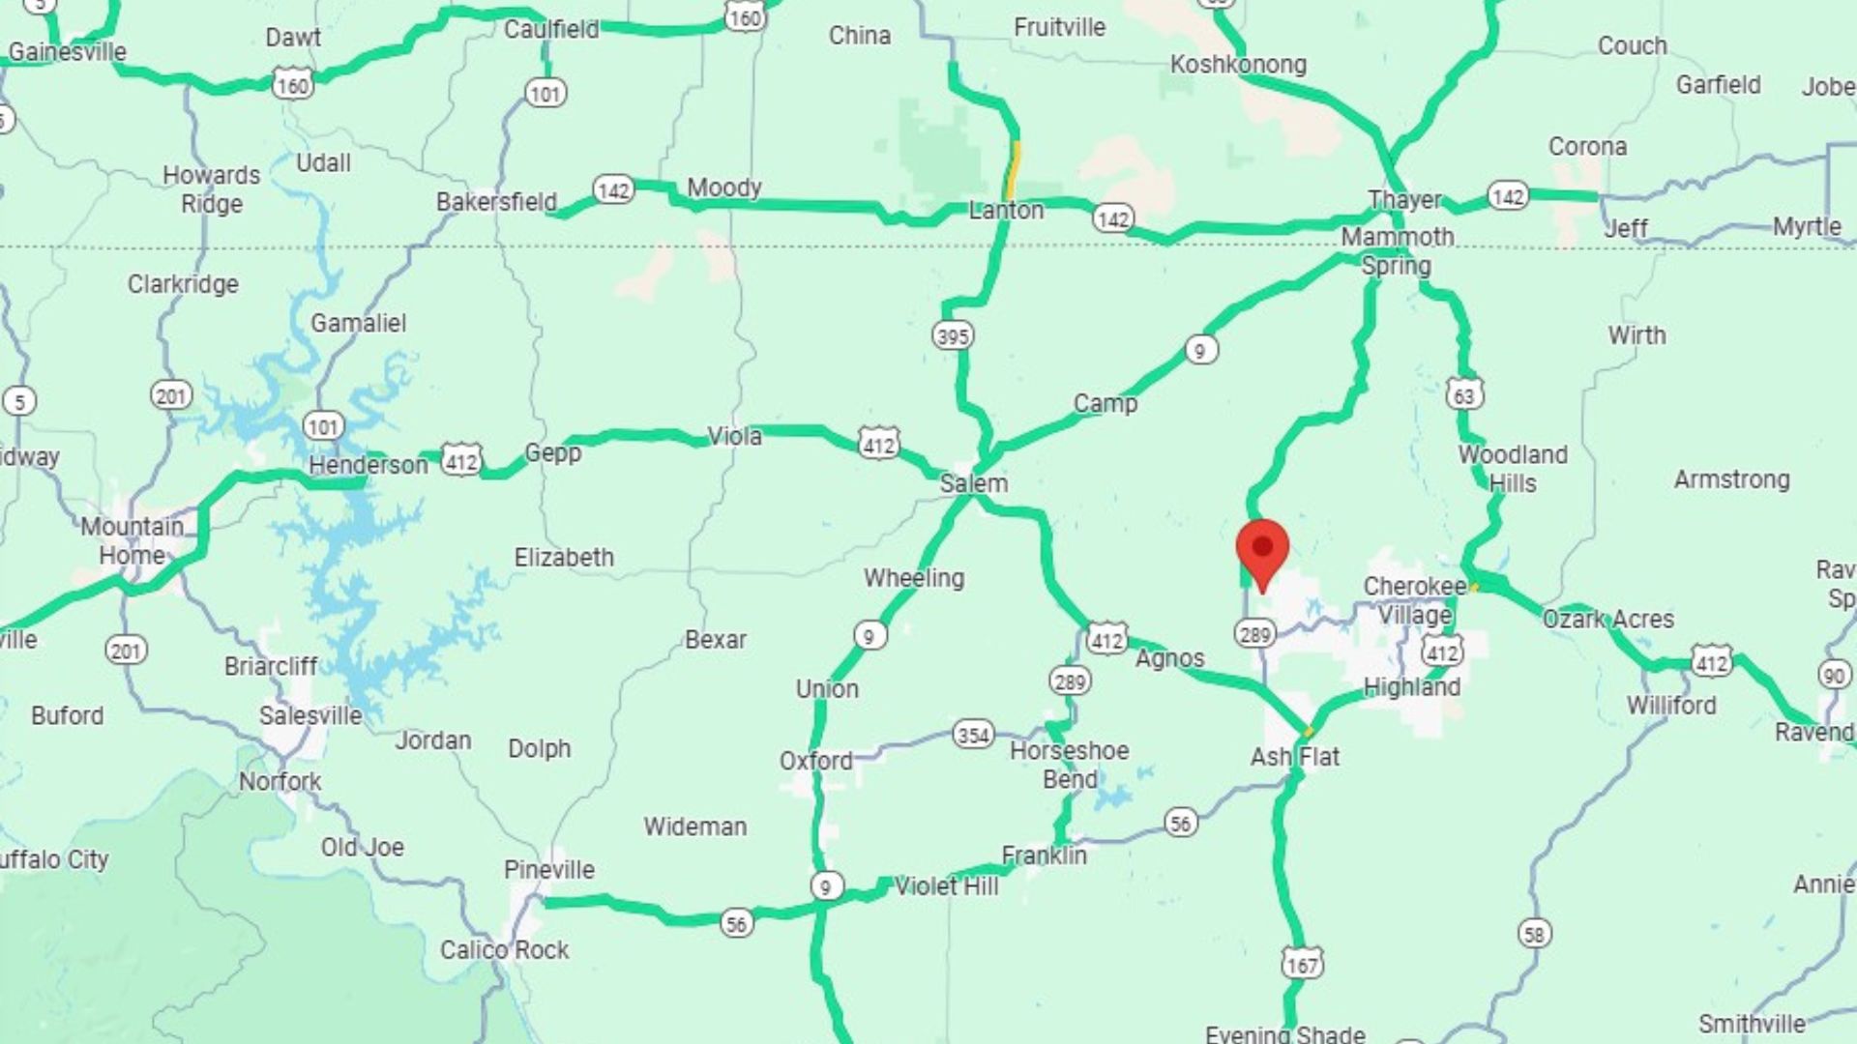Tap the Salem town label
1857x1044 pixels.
[x=973, y=483]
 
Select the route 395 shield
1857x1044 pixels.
[x=953, y=335]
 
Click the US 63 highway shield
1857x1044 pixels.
[x=1464, y=394]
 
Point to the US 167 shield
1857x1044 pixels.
[x=1302, y=964]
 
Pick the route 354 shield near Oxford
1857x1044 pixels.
[x=973, y=735]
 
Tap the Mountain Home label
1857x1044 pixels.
[x=132, y=540]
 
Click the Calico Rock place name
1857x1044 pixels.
[x=504, y=950]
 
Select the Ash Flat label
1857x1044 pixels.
[x=1294, y=757]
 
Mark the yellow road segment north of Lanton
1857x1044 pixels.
[x=1013, y=169]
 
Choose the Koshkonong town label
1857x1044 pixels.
[x=1238, y=65]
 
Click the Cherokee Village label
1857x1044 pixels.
[x=1414, y=600]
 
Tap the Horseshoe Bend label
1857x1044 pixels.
[x=1069, y=765]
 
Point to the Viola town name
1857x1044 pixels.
[x=734, y=437]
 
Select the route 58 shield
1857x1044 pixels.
[x=1534, y=934]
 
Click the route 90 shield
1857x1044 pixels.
[x=1834, y=675]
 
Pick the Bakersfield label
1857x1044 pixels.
[x=496, y=202]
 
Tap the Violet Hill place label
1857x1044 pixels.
[x=946, y=886]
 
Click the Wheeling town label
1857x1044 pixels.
[x=914, y=578]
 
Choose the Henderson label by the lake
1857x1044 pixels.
[x=368, y=466]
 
